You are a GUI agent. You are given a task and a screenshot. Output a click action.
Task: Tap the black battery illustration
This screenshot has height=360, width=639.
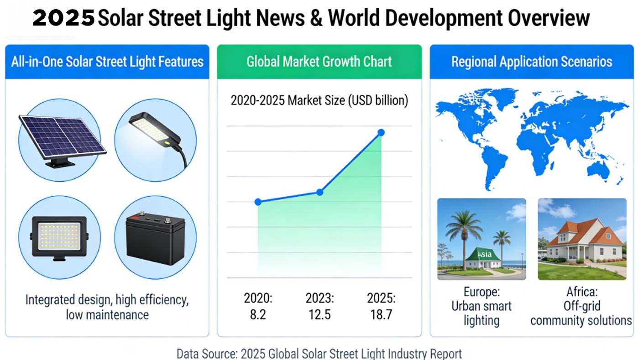pyautogui.click(x=155, y=237)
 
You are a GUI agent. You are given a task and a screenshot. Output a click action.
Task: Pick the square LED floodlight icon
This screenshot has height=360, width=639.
pyautogui.click(x=59, y=237)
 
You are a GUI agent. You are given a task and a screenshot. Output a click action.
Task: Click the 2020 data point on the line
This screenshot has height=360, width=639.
pyautogui.click(x=258, y=202)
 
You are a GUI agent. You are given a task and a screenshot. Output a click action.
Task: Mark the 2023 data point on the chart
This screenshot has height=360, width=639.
pyautogui.click(x=319, y=192)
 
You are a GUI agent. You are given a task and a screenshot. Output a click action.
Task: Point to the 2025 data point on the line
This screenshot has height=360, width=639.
pyautogui.click(x=381, y=133)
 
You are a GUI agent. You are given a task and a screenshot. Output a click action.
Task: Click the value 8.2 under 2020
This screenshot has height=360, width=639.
pyautogui.click(x=258, y=315)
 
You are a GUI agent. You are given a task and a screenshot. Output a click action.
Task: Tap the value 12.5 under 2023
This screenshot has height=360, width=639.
pyautogui.click(x=319, y=315)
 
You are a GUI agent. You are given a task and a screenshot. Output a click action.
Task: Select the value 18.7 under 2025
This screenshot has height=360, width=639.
pyautogui.click(x=381, y=315)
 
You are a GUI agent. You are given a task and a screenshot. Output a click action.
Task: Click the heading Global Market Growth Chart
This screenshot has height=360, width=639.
pyautogui.click(x=319, y=62)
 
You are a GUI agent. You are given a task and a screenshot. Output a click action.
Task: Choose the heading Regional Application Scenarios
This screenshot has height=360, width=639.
pyautogui.click(x=532, y=62)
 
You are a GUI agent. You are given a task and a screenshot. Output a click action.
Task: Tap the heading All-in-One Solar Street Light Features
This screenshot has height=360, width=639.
pyautogui.click(x=107, y=62)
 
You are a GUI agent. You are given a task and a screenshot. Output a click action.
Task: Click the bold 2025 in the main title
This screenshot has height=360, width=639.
pyautogui.click(x=64, y=19)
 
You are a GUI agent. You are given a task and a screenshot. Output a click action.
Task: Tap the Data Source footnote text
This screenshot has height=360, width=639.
pyautogui.click(x=319, y=354)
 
